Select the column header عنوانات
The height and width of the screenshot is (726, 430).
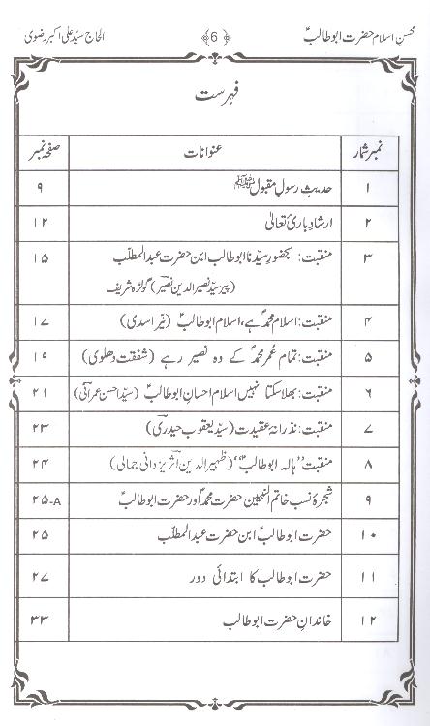pyautogui.click(x=211, y=153)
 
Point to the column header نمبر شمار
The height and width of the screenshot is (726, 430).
pyautogui.click(x=367, y=153)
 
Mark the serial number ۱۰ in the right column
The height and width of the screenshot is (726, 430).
pyautogui.click(x=368, y=535)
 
